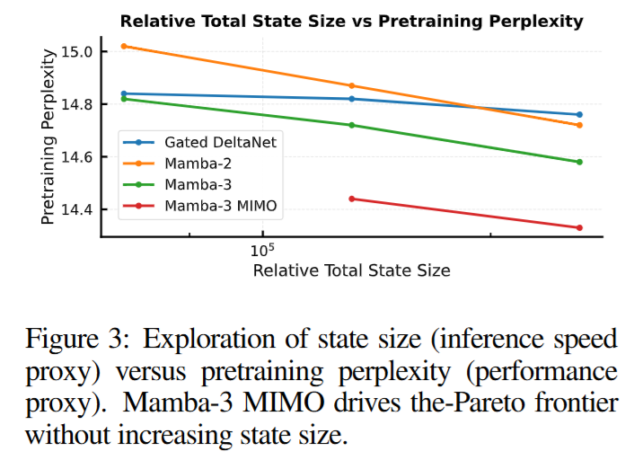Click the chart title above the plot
coord(351,21)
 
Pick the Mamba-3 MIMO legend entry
coord(220,207)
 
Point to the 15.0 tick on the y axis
coord(77,52)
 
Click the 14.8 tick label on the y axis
coord(77,104)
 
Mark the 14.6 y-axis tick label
coord(77,157)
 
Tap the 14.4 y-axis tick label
coord(77,209)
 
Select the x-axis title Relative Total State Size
coord(351,270)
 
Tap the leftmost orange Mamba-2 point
coord(124,46)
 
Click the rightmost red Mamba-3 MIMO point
coord(579,227)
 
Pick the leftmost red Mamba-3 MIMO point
coord(351,199)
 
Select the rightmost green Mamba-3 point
coord(579,162)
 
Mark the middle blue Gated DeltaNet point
coord(351,99)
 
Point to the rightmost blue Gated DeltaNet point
coord(579,114)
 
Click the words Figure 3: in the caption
coord(77,340)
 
